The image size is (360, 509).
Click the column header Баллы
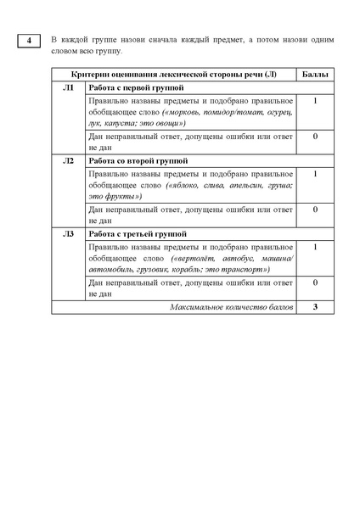click(315, 76)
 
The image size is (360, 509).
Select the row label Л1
click(69, 87)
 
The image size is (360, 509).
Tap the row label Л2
click(69, 160)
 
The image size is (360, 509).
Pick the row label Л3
click(69, 233)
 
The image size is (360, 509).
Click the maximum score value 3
click(315, 306)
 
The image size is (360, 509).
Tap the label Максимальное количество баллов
click(230, 306)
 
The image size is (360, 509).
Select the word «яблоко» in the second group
click(188, 185)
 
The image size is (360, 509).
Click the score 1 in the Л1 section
click(315, 101)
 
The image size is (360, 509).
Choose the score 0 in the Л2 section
click(315, 209)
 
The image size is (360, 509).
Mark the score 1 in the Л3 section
click(315, 247)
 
